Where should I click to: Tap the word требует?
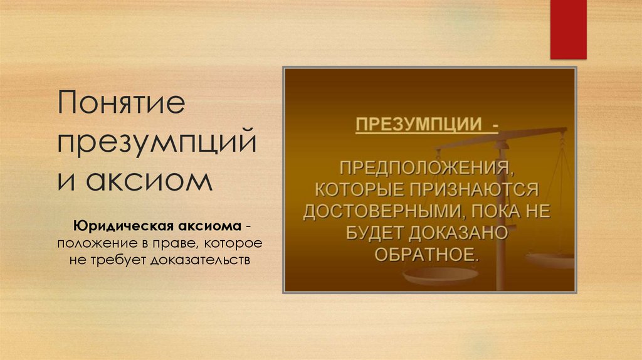(x=117, y=258)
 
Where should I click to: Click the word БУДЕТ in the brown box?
(x=374, y=233)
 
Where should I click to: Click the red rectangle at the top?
(x=568, y=29)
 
